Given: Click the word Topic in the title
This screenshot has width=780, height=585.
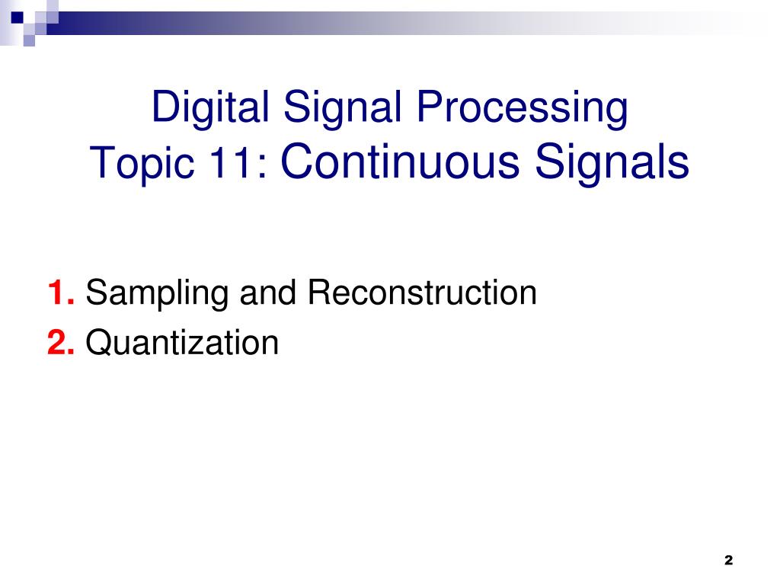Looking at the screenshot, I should point(141,163).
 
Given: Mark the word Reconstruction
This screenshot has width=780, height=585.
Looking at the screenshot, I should point(422,293).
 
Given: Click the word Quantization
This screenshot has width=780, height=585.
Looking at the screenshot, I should point(182,344).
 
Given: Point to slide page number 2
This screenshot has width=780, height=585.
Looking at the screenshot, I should point(728,560).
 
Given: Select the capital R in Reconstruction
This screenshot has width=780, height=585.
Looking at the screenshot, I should point(317,293).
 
